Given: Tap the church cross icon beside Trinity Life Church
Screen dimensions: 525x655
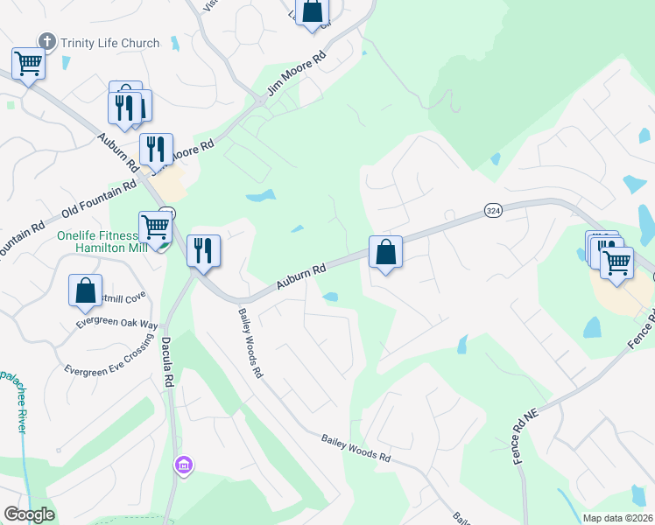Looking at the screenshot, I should coord(46,41).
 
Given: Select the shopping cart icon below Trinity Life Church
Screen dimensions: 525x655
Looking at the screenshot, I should coord(28,64).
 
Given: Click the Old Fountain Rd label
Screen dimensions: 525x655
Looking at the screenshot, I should coord(99,200).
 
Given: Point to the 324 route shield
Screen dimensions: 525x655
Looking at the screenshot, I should coord(493,212).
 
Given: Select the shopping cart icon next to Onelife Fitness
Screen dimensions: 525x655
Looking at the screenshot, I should coord(155,227).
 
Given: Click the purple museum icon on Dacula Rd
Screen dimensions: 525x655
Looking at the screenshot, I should coord(183,463).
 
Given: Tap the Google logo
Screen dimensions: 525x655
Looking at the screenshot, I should coord(29,514).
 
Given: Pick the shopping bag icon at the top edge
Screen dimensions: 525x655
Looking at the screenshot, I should coord(313,12).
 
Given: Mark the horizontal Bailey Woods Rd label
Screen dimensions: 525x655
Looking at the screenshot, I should coord(355,450).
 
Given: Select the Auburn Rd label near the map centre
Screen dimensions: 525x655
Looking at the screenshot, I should coord(301,276).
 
